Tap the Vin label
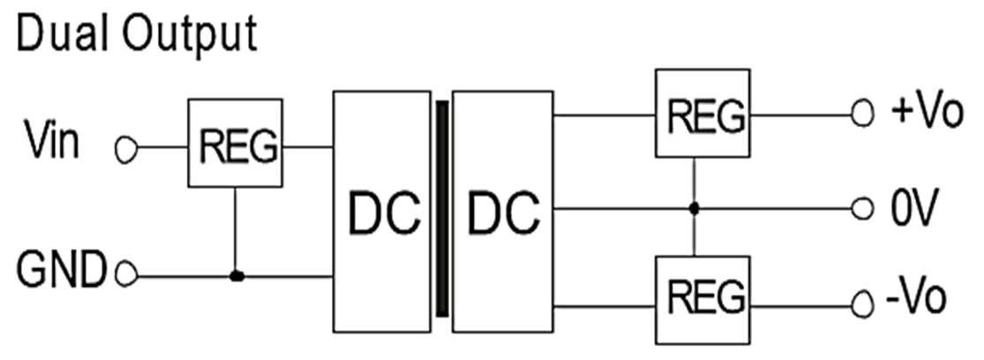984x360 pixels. pos(50,142)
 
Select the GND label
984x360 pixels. pos(63,270)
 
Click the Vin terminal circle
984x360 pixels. pos(126,151)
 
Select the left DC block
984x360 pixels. pos(382,211)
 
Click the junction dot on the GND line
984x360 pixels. pos(236,276)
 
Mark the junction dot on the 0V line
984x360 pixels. pos(695,209)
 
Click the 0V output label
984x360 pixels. pos(911,210)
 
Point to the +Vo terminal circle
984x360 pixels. pos(861,116)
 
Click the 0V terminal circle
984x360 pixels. pos(861,210)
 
